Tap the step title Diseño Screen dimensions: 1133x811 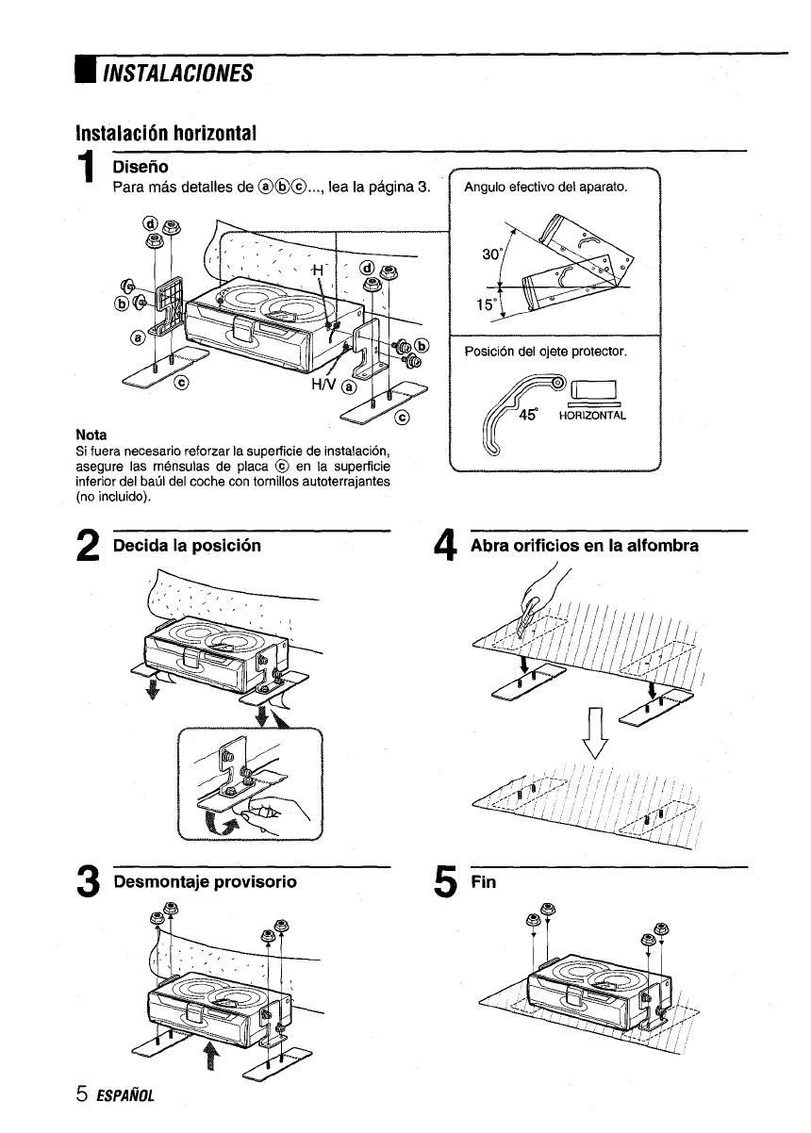coord(140,166)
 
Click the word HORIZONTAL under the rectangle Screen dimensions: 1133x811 coord(592,415)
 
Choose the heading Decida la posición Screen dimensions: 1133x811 coord(187,545)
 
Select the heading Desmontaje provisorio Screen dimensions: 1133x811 coord(205,881)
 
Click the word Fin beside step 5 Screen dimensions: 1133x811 coord(482,881)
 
